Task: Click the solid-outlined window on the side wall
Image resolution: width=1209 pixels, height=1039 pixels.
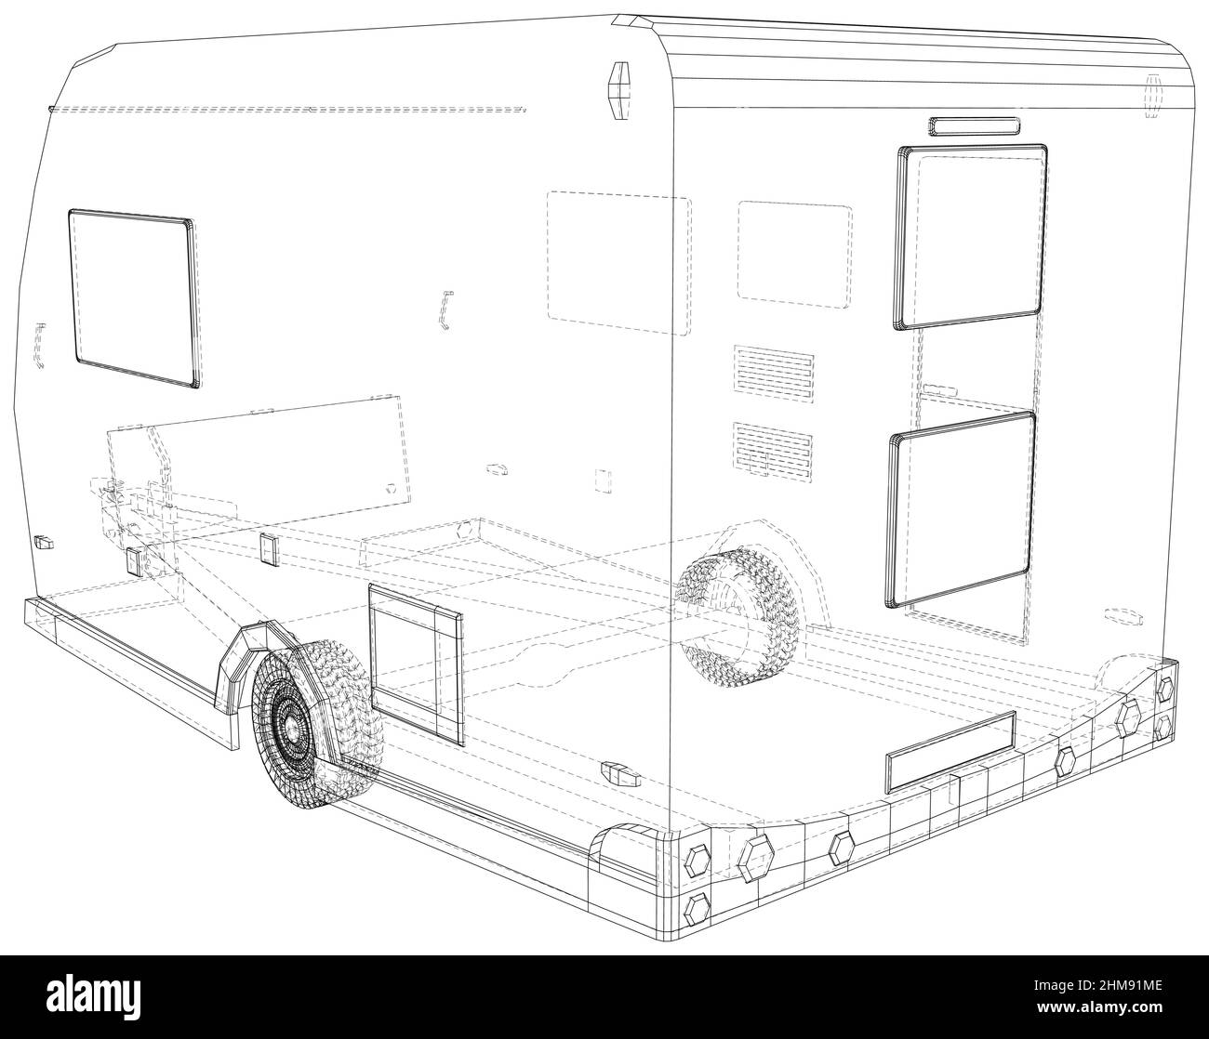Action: pyautogui.click(x=133, y=296)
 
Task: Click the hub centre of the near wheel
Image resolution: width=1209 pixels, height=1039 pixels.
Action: pyautogui.click(x=290, y=731)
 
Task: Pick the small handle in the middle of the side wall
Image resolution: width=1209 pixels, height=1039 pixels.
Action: pyautogui.click(x=445, y=309)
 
